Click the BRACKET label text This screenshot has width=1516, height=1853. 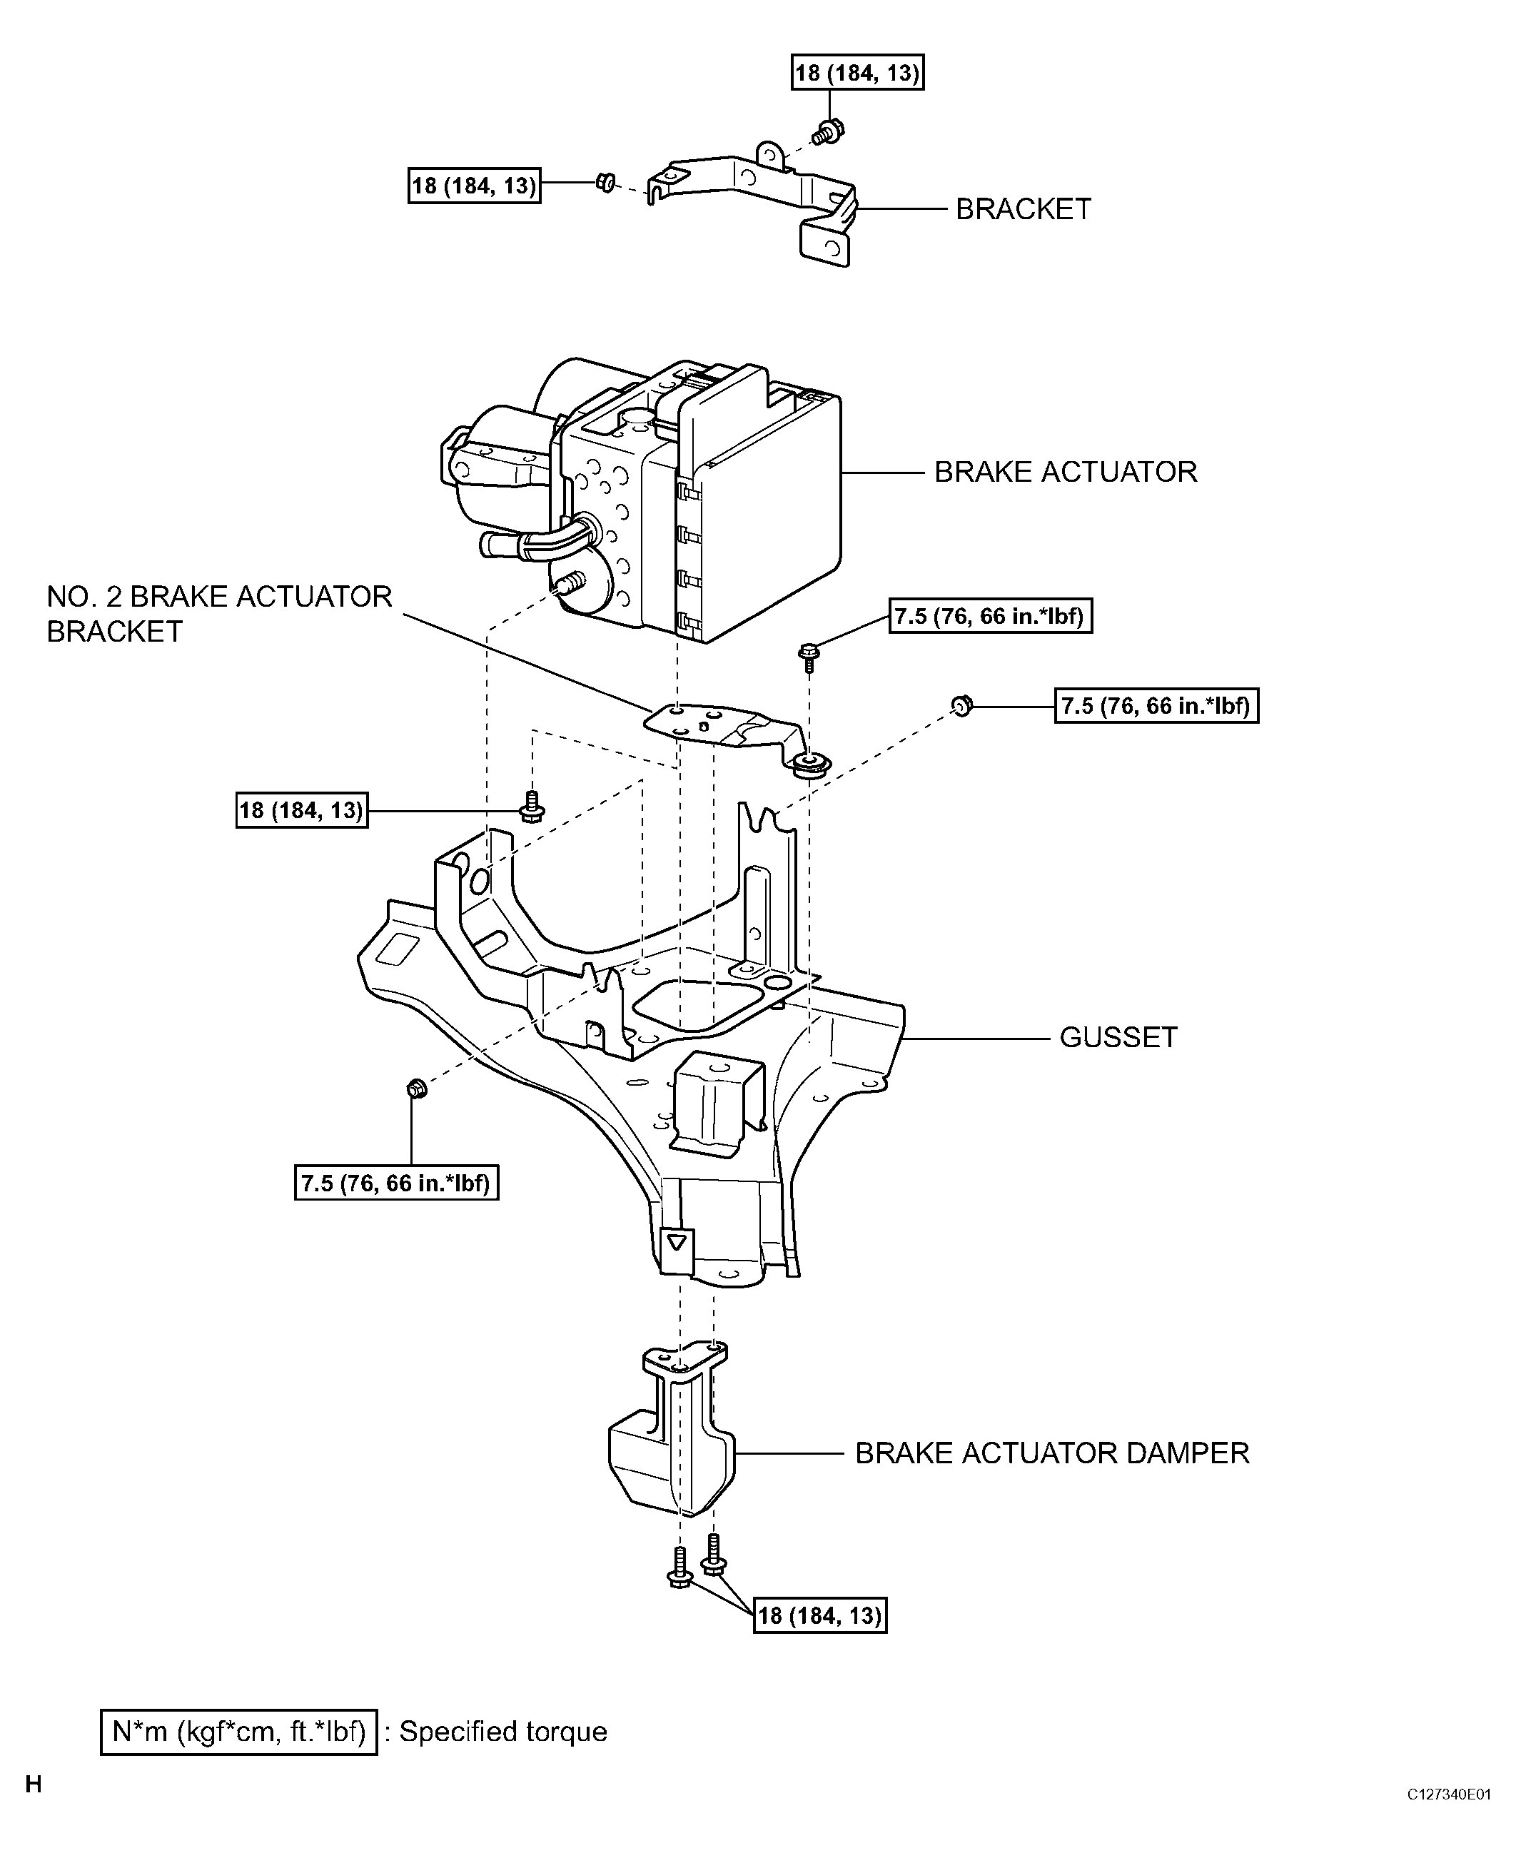(1023, 210)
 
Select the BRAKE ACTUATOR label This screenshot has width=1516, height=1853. (1066, 473)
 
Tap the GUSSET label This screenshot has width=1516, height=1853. (1118, 1037)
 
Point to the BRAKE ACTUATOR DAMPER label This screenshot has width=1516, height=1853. (1051, 1453)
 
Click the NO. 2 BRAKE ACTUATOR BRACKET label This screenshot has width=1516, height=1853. (218, 614)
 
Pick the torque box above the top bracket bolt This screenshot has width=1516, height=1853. (857, 73)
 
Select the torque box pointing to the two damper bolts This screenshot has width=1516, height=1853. (819, 1615)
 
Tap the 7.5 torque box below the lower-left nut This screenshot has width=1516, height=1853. (396, 1184)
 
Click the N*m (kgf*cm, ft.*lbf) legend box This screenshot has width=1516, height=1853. (238, 1732)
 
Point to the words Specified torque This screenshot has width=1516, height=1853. (503, 1732)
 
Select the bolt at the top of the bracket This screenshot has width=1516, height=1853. (825, 133)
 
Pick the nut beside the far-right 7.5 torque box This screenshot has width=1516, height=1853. (960, 705)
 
